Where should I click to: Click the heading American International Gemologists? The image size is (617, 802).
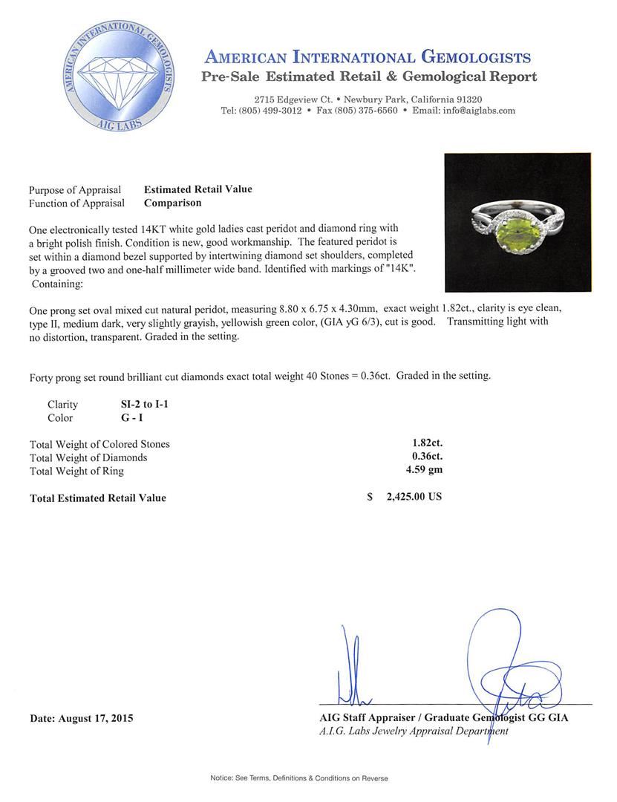point(367,58)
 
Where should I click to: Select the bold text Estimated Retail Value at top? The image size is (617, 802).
point(197,189)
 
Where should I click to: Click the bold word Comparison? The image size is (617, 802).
point(172,203)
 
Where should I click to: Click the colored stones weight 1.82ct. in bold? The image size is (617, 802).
point(422,443)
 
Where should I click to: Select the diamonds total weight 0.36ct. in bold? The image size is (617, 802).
point(422,457)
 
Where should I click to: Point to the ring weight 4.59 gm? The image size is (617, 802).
point(421,470)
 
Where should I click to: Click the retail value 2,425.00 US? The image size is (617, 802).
point(414,497)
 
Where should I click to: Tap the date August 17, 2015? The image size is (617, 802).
point(82,718)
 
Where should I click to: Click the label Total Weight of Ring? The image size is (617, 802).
point(76,471)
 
